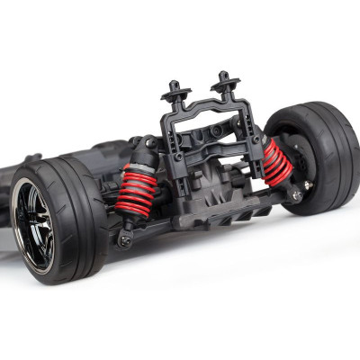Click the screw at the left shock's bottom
click(125, 240)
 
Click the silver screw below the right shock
click(295, 193)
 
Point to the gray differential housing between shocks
click(216, 175)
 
